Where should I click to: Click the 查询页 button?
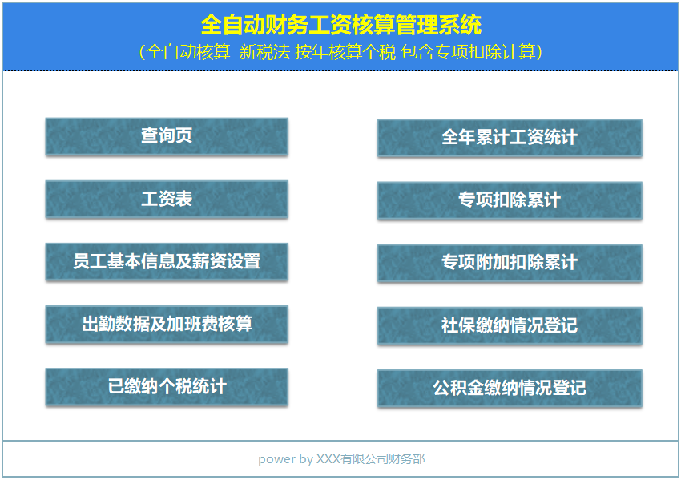point(167,136)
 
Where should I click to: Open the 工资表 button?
point(167,199)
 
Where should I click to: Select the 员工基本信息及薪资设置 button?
point(167,261)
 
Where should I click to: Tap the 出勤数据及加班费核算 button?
point(167,324)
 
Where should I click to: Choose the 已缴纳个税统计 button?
point(167,387)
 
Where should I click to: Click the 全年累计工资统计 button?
point(510,138)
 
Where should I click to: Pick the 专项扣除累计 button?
point(510,200)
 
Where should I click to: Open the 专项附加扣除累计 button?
point(510,263)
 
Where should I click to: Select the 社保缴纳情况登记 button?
point(510,325)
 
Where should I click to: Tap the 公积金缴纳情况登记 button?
point(510,388)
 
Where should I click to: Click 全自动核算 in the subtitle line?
point(188,52)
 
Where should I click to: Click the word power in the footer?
point(276,459)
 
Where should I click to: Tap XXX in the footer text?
point(328,459)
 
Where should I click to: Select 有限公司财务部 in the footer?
point(383,459)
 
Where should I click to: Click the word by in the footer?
point(306,459)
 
